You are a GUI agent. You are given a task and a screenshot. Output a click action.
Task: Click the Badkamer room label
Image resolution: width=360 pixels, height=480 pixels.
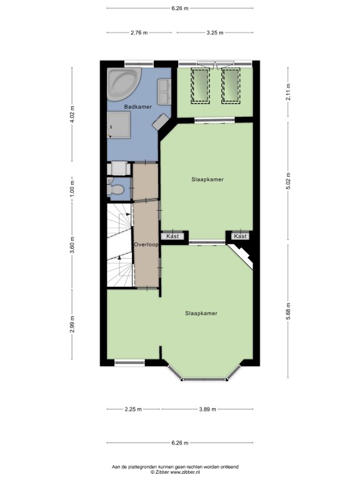(x=137, y=107)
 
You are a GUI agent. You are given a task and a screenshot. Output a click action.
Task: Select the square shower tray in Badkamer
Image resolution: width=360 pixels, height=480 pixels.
(x=119, y=124)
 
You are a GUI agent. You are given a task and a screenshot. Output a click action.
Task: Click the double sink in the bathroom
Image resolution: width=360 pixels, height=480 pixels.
(x=164, y=91)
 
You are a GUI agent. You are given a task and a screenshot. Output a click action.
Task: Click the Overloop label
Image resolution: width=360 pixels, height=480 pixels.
(x=146, y=244)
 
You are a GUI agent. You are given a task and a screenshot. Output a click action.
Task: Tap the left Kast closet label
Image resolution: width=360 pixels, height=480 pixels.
(x=172, y=236)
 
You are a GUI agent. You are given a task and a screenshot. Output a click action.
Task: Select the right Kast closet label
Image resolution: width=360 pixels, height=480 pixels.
(x=240, y=236)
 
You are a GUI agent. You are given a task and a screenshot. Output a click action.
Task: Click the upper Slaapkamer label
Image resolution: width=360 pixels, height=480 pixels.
(x=207, y=179)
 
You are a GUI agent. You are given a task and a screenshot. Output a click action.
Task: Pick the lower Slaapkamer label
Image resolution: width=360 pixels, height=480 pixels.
(x=201, y=313)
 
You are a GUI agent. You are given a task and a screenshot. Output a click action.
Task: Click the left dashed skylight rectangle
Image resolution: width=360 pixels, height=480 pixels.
(x=201, y=86)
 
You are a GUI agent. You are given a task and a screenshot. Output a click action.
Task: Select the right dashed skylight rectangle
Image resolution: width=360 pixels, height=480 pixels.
(x=231, y=86)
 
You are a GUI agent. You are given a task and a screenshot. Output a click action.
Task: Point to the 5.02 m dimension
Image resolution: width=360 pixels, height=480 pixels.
(x=288, y=181)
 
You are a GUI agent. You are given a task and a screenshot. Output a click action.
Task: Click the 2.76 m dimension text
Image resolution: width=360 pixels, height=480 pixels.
(x=139, y=32)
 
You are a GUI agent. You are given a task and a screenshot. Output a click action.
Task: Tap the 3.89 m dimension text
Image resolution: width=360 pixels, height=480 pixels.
(x=207, y=409)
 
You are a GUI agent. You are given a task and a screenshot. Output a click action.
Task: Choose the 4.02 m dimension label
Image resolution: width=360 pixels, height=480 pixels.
(x=72, y=114)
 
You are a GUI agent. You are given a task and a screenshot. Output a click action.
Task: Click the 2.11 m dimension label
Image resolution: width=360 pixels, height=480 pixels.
(x=288, y=92)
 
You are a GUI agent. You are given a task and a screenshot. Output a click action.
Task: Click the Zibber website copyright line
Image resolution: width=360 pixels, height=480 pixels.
(x=175, y=472)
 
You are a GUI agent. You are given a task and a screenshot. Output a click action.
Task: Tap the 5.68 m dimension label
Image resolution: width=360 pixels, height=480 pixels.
(x=288, y=311)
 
